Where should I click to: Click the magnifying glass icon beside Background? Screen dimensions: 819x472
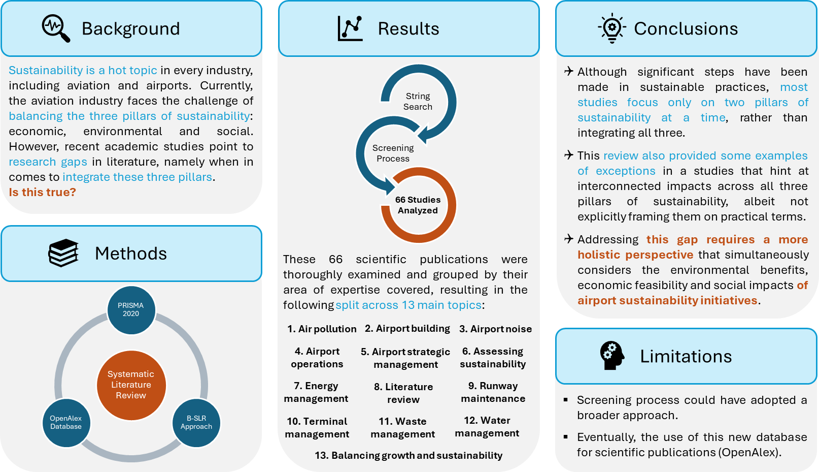click(56, 28)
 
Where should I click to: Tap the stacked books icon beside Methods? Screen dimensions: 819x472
click(63, 253)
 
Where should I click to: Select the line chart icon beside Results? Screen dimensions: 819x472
click(350, 28)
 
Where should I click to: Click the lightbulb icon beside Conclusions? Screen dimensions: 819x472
click(612, 28)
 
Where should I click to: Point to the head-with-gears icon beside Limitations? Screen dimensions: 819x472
click(611, 356)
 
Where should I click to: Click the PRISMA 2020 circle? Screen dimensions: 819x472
click(131, 310)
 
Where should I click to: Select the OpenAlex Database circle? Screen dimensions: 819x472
click(66, 423)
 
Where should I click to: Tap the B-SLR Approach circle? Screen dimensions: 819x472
click(196, 423)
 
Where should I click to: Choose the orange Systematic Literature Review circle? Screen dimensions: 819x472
click(131, 385)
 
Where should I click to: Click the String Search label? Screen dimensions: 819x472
click(418, 102)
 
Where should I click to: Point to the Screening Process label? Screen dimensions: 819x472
click(393, 153)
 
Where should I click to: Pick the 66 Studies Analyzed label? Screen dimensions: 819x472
click(418, 205)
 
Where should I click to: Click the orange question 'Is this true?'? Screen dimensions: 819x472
click(42, 192)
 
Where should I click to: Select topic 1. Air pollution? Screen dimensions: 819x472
click(322, 329)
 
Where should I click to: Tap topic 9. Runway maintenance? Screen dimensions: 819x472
click(493, 392)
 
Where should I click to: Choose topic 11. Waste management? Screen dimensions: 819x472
click(403, 428)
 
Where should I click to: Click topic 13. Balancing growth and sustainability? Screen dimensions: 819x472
click(408, 455)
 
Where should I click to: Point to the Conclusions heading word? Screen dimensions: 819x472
click(686, 29)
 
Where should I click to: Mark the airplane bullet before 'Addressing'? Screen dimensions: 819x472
click(569, 239)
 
